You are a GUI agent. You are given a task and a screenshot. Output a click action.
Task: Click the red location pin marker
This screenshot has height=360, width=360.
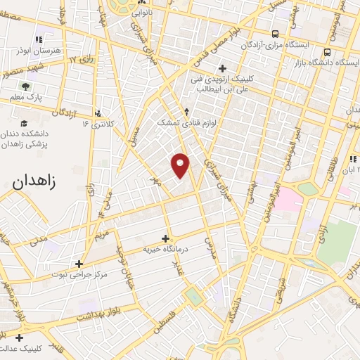click(181, 165)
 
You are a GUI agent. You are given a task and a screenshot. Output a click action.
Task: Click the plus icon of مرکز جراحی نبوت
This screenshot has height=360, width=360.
click(79, 263)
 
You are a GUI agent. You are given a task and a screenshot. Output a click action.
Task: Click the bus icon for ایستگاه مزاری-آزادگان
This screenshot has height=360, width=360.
click(274, 33)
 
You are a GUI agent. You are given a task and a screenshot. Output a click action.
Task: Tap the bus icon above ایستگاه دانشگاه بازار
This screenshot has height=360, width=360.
click(328, 52)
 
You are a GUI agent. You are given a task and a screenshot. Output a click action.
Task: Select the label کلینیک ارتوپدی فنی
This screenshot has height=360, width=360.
click(224, 80)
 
